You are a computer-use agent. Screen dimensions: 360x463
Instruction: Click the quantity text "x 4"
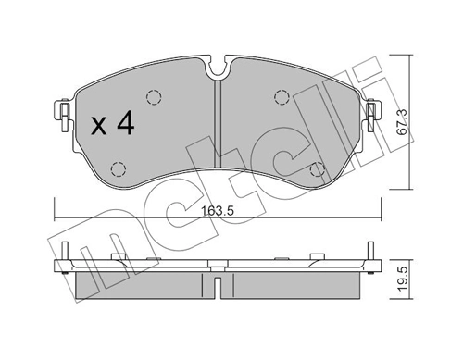tap(115, 125)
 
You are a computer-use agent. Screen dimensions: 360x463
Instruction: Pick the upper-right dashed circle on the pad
tap(282, 98)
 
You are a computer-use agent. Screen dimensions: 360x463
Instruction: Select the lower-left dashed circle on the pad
tap(118, 168)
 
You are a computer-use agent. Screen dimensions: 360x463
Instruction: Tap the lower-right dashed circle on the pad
tap(318, 168)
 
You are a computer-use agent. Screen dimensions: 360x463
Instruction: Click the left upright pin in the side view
tap(66, 252)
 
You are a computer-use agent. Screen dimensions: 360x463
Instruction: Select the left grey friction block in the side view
tap(139, 284)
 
